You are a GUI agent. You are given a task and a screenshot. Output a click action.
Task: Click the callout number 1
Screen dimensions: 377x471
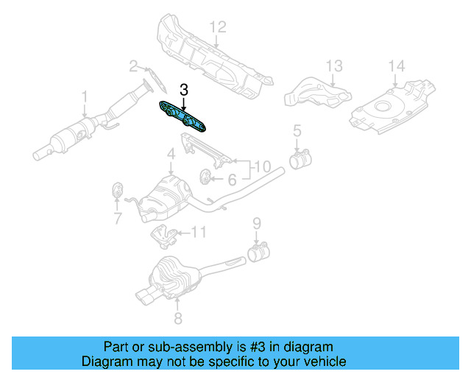85,96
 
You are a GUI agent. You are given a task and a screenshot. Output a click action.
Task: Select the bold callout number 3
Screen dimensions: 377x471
184,90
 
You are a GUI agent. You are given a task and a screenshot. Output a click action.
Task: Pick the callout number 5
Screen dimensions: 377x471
297,132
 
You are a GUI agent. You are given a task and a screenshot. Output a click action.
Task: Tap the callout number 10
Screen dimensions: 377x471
263,168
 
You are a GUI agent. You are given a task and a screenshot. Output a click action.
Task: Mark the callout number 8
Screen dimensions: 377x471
177,318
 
